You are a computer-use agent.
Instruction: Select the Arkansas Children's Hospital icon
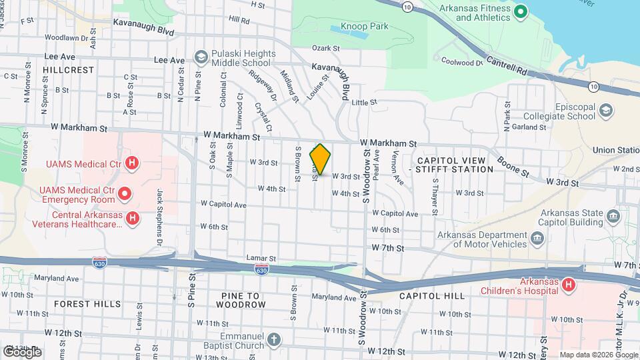click(x=568, y=285)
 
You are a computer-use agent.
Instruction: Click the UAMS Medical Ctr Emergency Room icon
click(x=125, y=194)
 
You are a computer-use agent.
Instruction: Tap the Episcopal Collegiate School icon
click(x=607, y=110)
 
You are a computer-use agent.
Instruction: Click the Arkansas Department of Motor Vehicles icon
click(x=537, y=239)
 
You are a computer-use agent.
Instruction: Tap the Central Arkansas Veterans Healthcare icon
click(x=133, y=218)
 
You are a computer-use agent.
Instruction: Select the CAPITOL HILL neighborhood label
click(x=427, y=295)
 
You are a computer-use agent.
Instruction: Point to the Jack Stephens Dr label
click(x=160, y=215)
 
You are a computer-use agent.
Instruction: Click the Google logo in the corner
click(x=21, y=351)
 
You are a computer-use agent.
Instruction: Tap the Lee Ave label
click(x=169, y=60)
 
